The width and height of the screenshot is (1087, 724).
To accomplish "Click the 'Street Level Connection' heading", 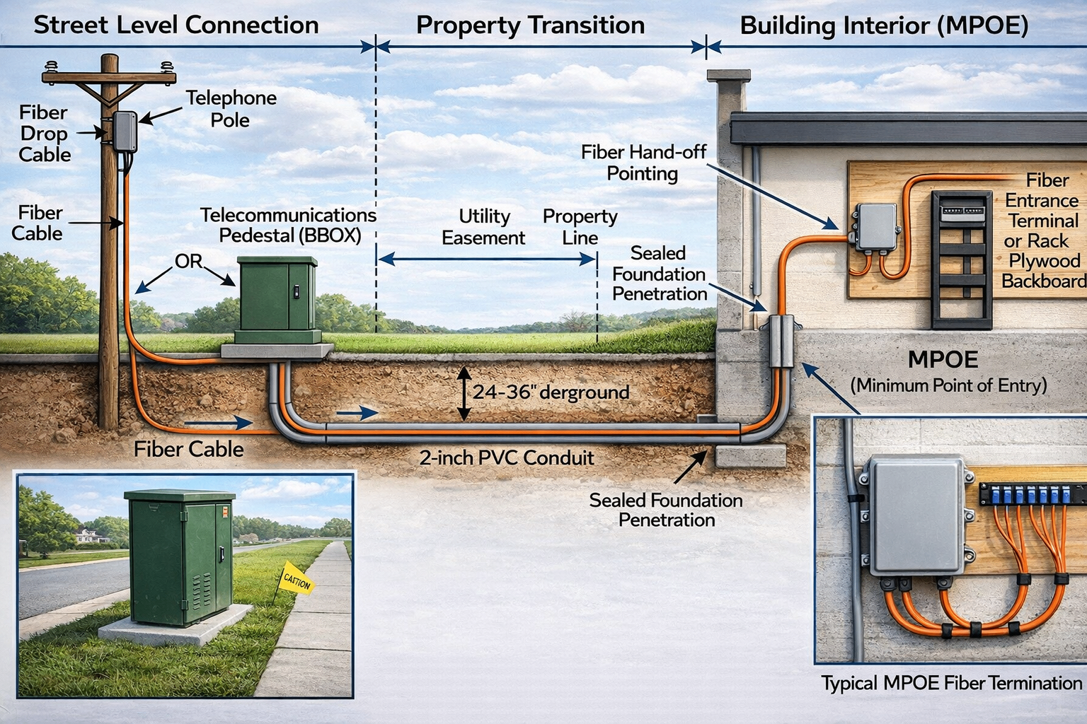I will [x=176, y=25].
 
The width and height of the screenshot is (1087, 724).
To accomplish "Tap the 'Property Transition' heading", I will [x=530, y=25].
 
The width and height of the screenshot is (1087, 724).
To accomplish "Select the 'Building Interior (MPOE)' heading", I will [x=884, y=26].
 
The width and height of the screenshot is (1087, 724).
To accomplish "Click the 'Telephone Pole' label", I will [x=231, y=109].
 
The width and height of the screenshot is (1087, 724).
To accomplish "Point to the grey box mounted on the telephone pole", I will [x=125, y=131].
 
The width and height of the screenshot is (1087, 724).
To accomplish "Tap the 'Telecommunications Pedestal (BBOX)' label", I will [x=288, y=225].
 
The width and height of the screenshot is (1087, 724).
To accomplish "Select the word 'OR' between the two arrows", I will [x=188, y=262].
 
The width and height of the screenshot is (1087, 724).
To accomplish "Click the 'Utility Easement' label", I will [x=483, y=227].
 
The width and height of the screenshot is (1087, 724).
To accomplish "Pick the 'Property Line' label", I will [x=580, y=227].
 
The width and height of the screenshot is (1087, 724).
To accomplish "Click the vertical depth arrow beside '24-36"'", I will [x=464, y=394].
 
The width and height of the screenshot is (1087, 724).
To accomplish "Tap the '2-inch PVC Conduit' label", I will [x=507, y=458].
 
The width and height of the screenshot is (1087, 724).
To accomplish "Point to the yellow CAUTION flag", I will [x=297, y=580].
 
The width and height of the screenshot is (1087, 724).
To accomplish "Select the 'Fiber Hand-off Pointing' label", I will [x=643, y=163].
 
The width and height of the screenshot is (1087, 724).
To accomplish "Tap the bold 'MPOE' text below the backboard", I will [x=943, y=360].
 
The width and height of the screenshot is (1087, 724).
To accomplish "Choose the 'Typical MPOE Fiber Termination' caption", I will [x=951, y=684].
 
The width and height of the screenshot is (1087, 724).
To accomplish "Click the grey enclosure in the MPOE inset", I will [x=915, y=516].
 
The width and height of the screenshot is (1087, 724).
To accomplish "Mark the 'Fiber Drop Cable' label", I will [x=44, y=134].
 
